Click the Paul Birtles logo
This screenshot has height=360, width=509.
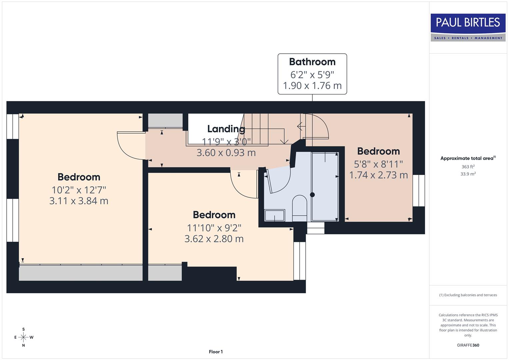468,27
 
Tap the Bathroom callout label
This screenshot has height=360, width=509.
312,74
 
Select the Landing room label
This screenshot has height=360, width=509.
226,129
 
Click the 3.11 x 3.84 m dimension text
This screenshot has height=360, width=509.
79,201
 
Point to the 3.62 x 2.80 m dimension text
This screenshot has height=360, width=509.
214,239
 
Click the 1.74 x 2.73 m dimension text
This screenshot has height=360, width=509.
378,175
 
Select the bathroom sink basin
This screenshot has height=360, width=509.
275,215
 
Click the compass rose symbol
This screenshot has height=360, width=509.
23,337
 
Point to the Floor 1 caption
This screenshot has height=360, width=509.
216,352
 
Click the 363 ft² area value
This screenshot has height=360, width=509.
468,167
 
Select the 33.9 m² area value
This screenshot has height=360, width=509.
468,174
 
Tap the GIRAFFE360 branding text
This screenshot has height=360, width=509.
468,345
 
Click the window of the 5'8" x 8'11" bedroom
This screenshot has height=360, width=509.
419,190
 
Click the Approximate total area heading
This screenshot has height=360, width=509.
468,158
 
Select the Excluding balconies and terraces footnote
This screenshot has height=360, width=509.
468,295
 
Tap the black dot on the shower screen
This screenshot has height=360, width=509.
312,195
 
